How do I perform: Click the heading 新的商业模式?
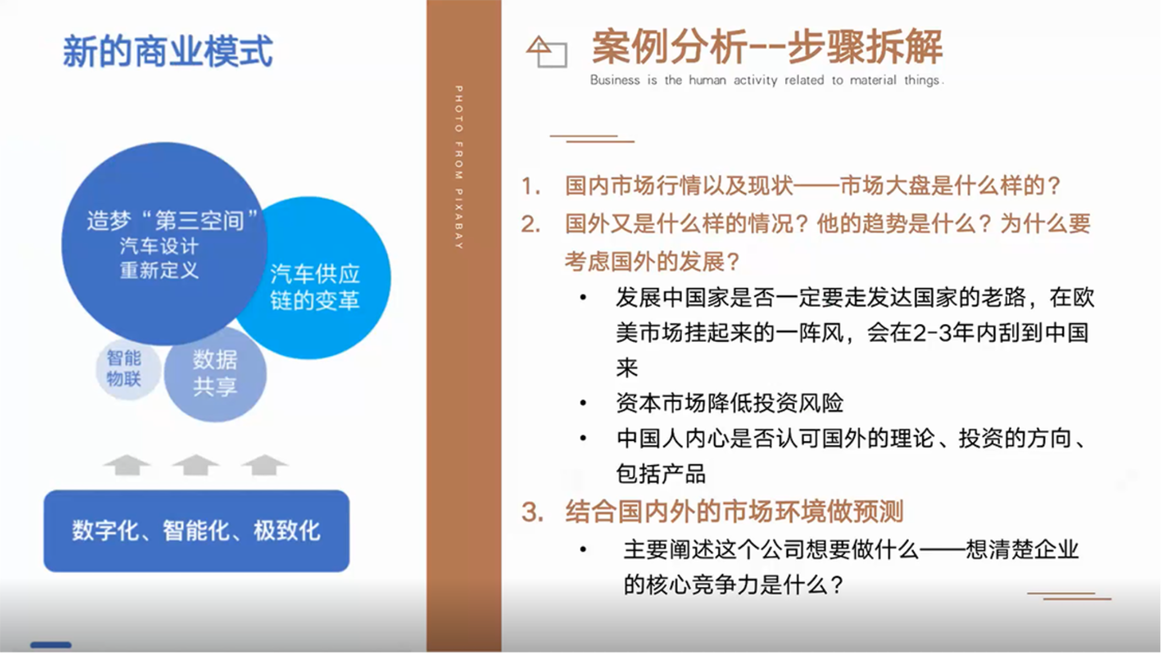[x=167, y=51]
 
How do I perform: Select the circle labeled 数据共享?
[x=215, y=374]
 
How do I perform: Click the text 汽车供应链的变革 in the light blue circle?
[x=315, y=287]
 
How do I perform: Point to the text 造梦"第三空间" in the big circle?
[x=171, y=220]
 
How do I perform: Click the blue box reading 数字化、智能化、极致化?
[x=197, y=531]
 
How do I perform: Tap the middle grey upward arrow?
[x=195, y=465]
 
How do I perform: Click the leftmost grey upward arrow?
[x=127, y=465]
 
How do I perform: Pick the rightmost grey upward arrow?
[x=264, y=465]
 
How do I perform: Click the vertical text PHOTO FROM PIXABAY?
[x=459, y=167]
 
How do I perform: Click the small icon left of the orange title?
[x=546, y=51]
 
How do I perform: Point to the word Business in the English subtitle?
[x=615, y=80]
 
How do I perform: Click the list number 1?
[x=530, y=186]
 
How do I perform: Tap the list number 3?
[x=532, y=512]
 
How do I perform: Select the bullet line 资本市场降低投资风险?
[x=729, y=403]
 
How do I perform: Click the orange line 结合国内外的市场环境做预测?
[x=734, y=512]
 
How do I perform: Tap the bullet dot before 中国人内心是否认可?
[x=583, y=438]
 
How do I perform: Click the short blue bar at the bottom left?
[x=51, y=645]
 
